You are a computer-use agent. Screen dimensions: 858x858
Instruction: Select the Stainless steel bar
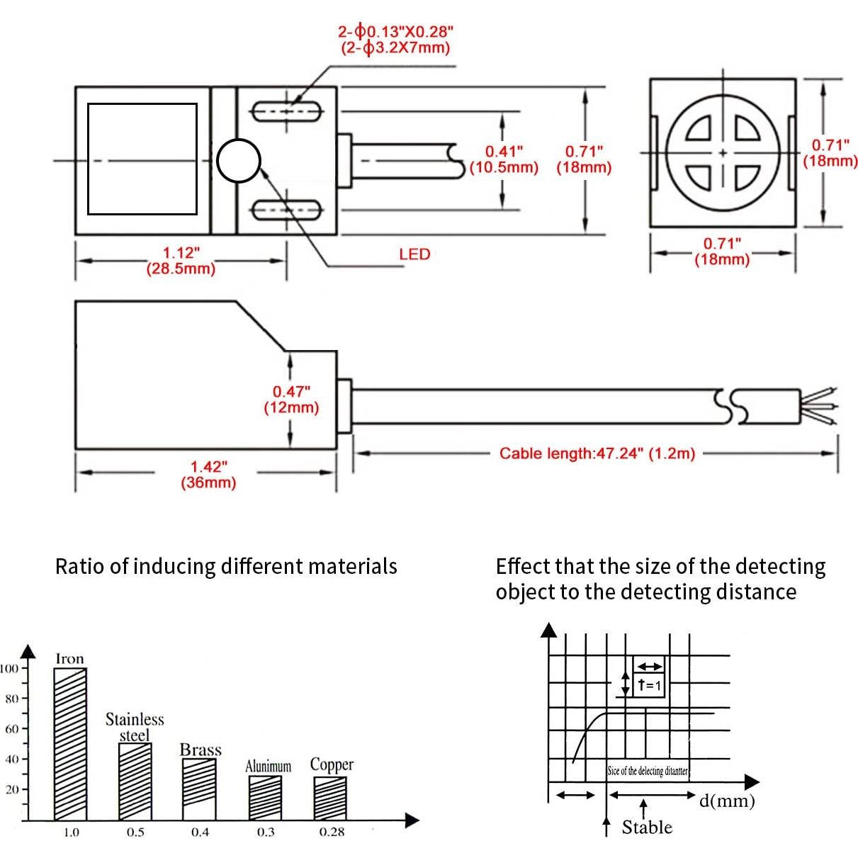(135, 781)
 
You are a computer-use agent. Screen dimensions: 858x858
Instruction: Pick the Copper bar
(330, 798)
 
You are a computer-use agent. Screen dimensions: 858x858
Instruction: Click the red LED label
(414, 254)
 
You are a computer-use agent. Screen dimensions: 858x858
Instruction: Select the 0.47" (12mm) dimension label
(291, 400)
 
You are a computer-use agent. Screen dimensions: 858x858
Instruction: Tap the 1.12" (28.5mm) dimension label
(181, 261)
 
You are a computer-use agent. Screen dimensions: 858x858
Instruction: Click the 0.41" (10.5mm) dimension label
(504, 160)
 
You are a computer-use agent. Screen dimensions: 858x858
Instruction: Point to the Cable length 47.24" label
(597, 453)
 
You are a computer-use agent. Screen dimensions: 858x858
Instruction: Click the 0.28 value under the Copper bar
(331, 832)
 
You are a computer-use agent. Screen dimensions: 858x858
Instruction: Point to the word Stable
(647, 827)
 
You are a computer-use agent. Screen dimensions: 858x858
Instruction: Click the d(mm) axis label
(727, 801)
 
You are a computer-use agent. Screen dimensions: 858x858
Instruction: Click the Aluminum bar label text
(268, 767)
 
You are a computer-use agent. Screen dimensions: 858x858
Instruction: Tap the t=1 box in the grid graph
(648, 684)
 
